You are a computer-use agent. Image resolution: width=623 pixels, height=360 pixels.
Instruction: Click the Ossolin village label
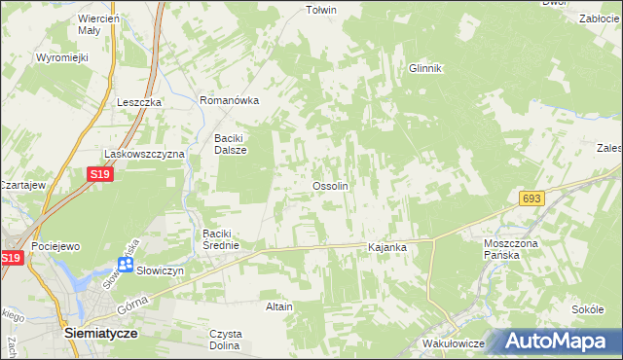coord(330,186)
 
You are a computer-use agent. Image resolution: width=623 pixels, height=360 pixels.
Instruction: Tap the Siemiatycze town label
coord(99,332)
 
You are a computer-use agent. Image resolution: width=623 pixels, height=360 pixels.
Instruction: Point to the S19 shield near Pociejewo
coord(12,258)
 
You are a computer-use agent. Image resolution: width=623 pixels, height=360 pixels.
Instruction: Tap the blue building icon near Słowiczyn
coord(126,264)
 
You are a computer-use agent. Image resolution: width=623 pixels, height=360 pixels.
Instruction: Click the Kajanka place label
coord(386,248)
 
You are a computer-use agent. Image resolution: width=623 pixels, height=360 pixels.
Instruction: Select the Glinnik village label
coord(425,68)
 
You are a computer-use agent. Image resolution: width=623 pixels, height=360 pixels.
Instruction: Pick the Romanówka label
coord(229,100)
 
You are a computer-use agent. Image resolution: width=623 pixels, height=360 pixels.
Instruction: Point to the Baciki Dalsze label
coord(231,144)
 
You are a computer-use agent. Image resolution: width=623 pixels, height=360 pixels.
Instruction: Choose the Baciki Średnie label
coord(227,239)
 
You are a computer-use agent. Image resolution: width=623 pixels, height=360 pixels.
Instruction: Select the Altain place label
coord(279,306)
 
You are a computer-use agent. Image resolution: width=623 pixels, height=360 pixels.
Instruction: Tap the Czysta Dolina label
coord(226,340)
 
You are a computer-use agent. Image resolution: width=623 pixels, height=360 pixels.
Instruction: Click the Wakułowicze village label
coord(454,344)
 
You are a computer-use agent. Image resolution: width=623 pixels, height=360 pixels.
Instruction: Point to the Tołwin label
coord(321,10)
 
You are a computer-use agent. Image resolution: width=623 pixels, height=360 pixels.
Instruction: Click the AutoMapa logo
coord(561,342)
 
